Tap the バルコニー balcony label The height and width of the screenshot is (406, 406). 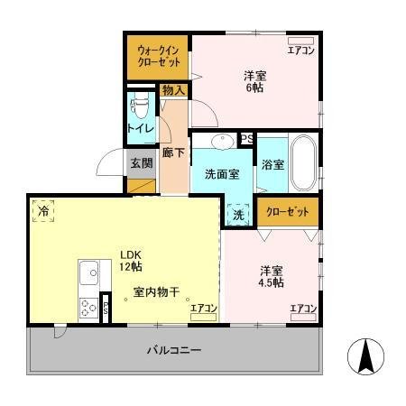point(173,350)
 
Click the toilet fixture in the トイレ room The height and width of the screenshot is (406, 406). point(139,107)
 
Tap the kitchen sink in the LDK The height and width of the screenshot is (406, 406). point(90,271)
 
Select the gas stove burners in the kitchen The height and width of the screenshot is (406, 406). point(88,307)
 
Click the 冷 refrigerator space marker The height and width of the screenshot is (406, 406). point(44,211)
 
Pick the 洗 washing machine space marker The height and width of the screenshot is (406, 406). point(238,215)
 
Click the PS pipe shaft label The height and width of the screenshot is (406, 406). point(245,139)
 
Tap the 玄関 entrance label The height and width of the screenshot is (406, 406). point(141,163)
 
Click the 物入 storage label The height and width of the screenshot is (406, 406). point(173,89)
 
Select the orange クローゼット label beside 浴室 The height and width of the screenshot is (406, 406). point(287,211)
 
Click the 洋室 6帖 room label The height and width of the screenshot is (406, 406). point(256,81)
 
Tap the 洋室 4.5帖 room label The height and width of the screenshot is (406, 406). point(272,276)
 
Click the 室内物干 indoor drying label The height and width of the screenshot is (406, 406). point(157,291)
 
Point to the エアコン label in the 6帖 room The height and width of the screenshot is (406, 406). point(300,51)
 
